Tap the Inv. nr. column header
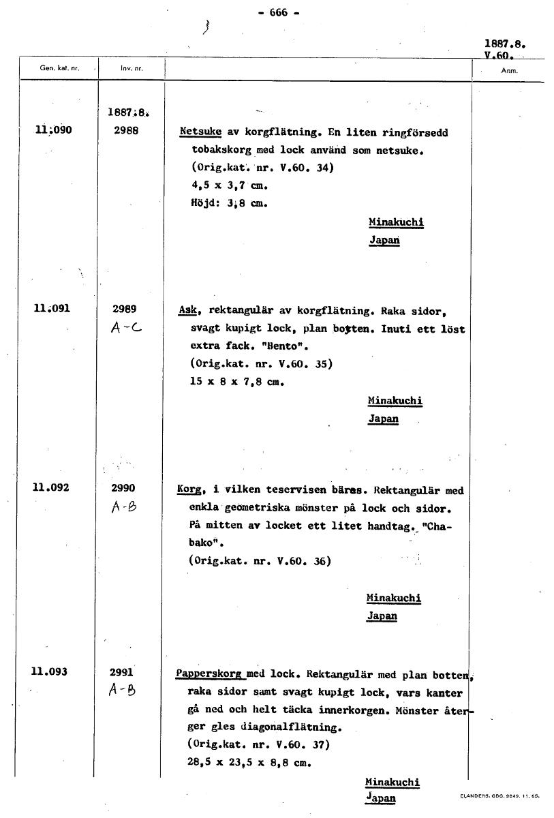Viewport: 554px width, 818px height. pos(132,69)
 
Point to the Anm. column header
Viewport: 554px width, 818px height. pos(509,70)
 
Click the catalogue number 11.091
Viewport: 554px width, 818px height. pos(52,308)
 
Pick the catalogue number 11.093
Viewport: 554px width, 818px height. pos(49,671)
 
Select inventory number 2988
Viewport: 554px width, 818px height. pos(127,130)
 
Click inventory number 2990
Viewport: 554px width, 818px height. pos(123,487)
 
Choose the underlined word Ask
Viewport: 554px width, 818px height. pos(187,310)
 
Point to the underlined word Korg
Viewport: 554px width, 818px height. pos(188,490)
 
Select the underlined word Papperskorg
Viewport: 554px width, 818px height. pos(210,674)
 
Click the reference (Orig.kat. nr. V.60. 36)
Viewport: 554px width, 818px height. pos(259,561)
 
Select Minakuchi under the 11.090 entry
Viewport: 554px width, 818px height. pos(397,222)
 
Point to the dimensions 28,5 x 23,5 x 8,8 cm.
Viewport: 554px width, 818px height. pos(249,763)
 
